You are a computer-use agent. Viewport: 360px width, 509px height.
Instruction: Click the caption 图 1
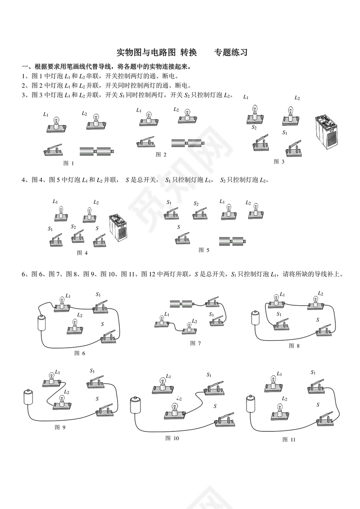69,163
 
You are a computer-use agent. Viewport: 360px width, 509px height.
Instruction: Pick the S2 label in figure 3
254,128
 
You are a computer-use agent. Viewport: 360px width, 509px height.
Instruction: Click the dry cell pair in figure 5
233,241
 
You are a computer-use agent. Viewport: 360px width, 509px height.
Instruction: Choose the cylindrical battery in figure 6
42,323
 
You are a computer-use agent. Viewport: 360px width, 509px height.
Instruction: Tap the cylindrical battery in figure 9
29,396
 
